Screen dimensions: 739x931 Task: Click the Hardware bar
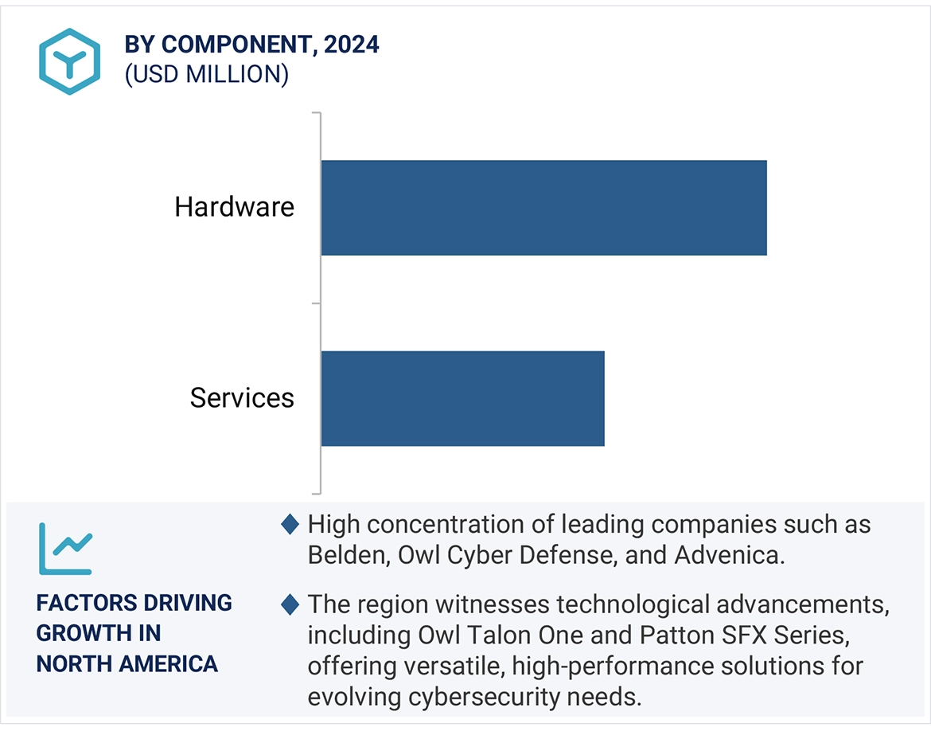[x=543, y=208]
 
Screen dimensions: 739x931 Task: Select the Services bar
[x=462, y=398]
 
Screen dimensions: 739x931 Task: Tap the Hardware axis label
[x=235, y=207]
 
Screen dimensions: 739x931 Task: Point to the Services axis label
[x=242, y=398]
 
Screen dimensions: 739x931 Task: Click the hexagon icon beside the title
[x=69, y=61]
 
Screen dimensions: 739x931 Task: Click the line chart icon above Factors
[x=65, y=549]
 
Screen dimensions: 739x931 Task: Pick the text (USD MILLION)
[x=206, y=74]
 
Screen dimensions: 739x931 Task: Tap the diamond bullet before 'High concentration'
[x=290, y=524]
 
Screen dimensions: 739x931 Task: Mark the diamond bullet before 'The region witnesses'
[x=290, y=604]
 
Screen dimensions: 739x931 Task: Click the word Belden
[x=344, y=555]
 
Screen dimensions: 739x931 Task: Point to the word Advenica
[x=726, y=555]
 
